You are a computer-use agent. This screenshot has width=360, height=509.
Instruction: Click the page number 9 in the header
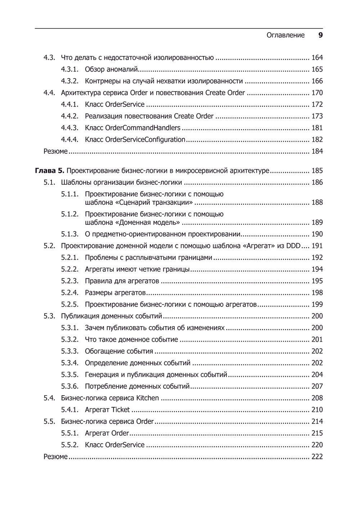[320, 35]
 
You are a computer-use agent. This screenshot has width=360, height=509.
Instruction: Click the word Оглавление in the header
[285, 35]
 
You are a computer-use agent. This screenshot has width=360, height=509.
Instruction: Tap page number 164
[317, 58]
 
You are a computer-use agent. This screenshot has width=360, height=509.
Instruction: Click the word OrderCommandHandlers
[143, 128]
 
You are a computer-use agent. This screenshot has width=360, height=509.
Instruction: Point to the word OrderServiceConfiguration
[145, 139]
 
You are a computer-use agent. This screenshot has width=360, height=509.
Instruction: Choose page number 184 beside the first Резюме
[317, 151]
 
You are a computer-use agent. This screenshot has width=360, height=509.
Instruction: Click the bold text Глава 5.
[50, 171]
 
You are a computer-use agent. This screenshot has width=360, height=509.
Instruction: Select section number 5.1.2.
[69, 214]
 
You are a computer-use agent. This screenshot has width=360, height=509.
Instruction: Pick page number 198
[317, 293]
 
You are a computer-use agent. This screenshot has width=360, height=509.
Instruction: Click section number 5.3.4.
[69, 363]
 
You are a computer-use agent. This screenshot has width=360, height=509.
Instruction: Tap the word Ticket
[121, 410]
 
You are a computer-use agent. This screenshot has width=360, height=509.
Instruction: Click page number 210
[317, 410]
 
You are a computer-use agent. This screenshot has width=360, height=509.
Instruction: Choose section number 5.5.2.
[69, 445]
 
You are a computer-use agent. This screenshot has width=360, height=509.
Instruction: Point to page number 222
[317, 457]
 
